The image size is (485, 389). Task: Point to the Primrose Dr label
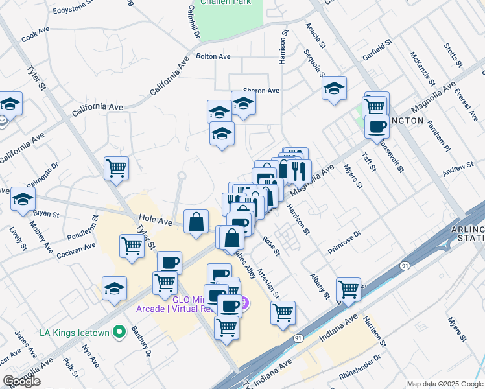pyautogui.click(x=344, y=242)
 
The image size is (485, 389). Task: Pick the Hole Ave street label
pyautogui.click(x=154, y=222)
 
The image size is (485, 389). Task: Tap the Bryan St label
pyautogui.click(x=46, y=213)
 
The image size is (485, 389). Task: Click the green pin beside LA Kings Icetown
pyautogui.click(x=119, y=333)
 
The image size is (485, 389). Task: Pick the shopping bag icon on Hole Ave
pyautogui.click(x=196, y=222)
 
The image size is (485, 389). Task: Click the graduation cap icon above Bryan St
pyautogui.click(x=23, y=198)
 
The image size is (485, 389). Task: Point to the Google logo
pyautogui.click(x=21, y=381)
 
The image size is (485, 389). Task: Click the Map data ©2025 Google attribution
pyautogui.click(x=444, y=384)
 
